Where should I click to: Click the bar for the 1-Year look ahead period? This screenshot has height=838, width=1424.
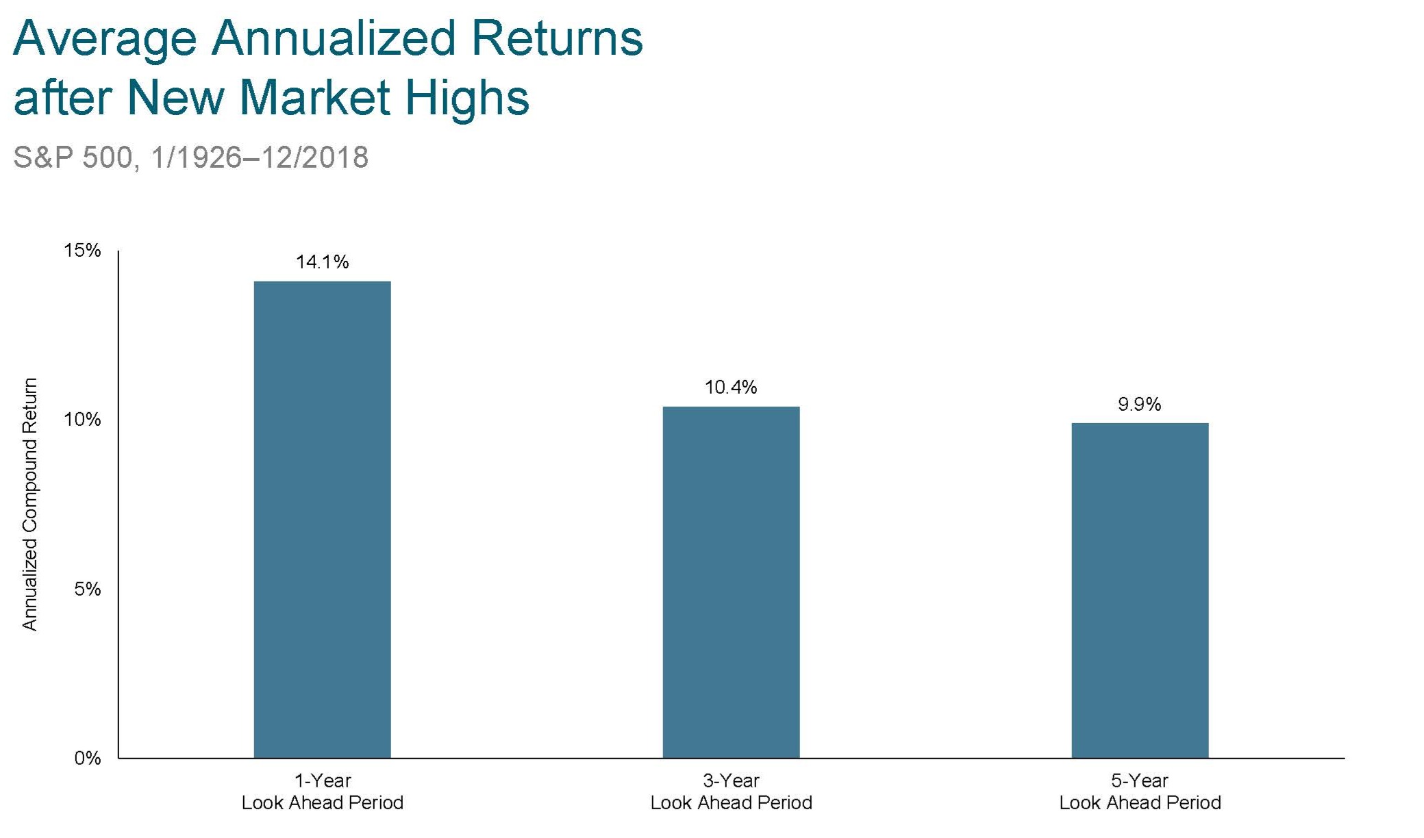tap(322, 520)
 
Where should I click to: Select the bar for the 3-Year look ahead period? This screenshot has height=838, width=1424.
tap(731, 582)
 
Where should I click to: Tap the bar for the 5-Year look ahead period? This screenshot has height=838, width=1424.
tap(1140, 590)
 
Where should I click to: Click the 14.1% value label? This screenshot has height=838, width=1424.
tap(322, 262)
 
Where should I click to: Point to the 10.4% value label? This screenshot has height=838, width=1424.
tap(731, 388)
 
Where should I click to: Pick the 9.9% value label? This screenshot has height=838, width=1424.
tap(1140, 405)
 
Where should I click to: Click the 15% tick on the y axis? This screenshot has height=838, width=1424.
tap(82, 251)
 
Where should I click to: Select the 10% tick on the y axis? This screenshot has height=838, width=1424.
tap(82, 420)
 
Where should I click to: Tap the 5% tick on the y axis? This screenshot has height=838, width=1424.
tap(88, 589)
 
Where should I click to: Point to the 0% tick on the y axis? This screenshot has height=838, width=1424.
tap(88, 758)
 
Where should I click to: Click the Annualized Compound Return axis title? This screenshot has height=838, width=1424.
tap(29, 504)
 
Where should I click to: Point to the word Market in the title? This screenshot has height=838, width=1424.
tap(314, 97)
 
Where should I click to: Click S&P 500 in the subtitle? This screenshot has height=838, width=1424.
tap(73, 157)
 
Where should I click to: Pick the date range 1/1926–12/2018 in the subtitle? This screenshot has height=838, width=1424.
tap(260, 157)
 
